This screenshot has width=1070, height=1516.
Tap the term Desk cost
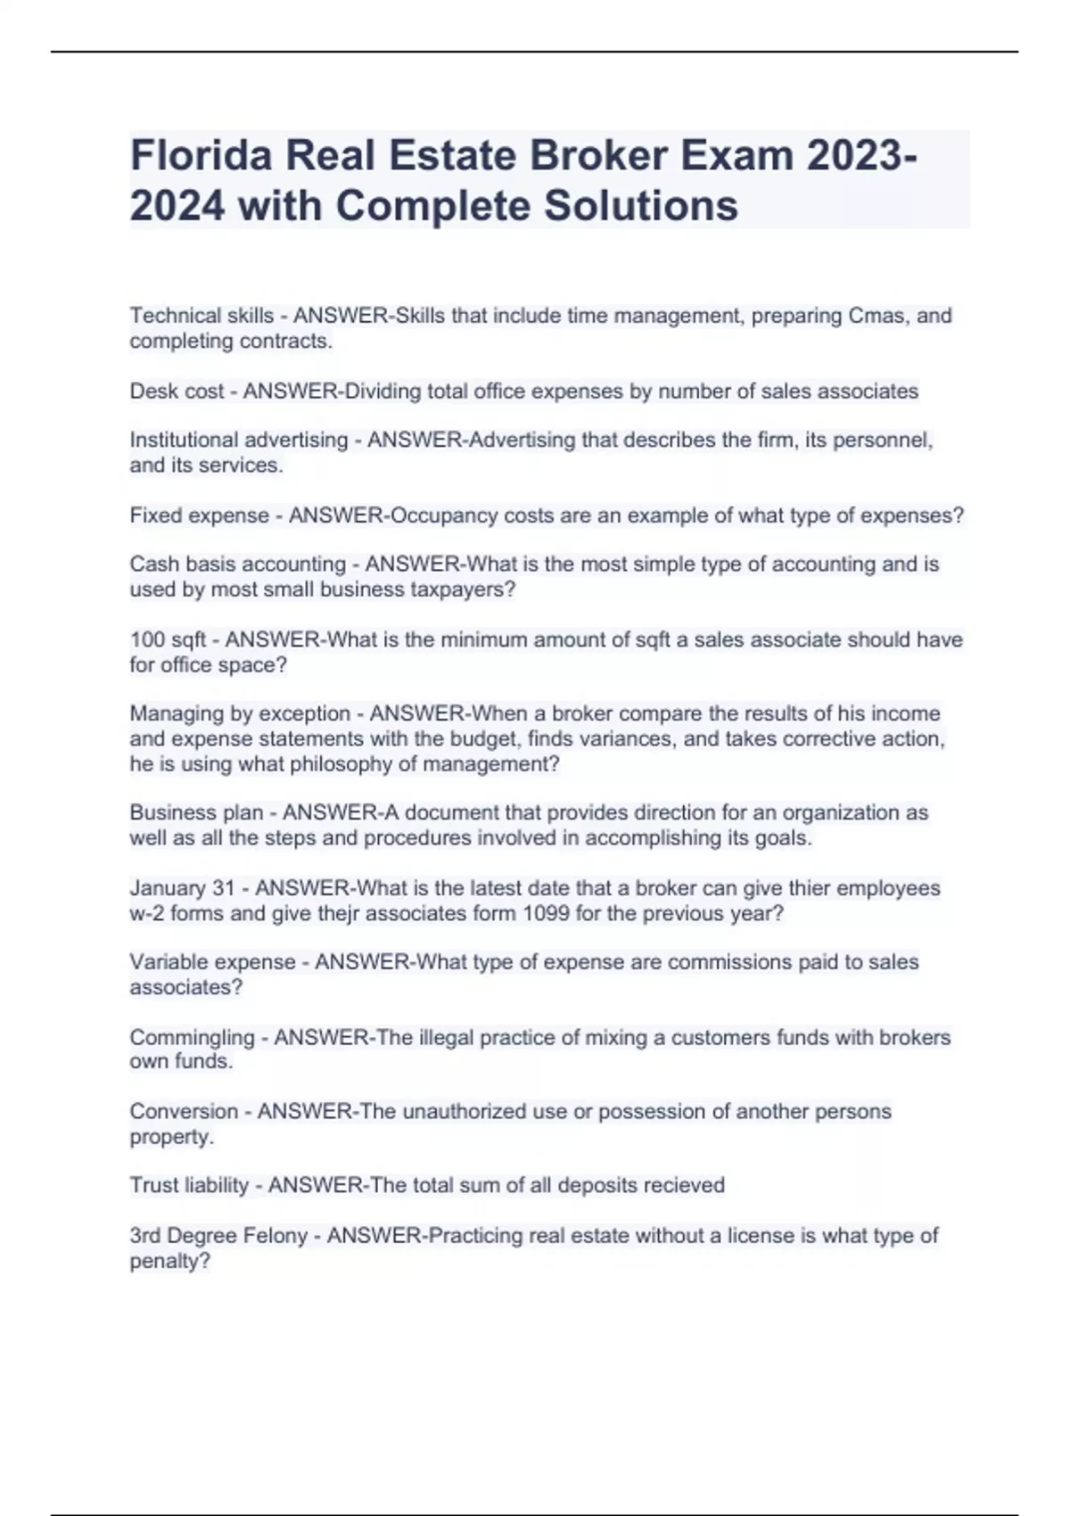pos(177,391)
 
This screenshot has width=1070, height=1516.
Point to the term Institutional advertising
pos(238,440)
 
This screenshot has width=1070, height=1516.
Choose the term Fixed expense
pos(199,515)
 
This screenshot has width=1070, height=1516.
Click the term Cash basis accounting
pos(237,564)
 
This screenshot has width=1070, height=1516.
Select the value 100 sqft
pos(168,639)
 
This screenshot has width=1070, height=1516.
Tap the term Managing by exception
pos(240,713)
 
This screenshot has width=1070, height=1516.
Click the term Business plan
pos(196,812)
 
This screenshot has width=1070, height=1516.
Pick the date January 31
pos(182,888)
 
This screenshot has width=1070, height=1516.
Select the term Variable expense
pos(212,962)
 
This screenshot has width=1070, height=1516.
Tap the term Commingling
pos(192,1037)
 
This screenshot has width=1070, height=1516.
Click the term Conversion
pos(184,1111)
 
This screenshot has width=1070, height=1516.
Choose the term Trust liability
pos(189,1185)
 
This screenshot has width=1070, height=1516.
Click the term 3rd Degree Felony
pos(218,1236)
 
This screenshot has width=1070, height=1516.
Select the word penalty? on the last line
pos(169,1261)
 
